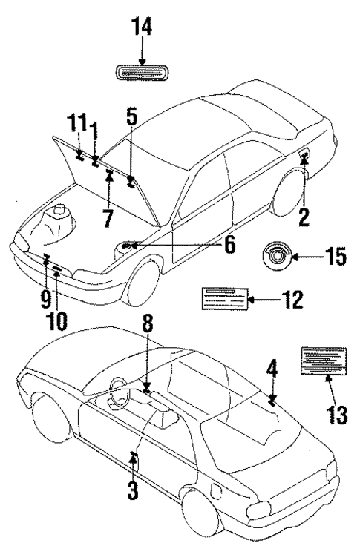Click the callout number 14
[140, 28]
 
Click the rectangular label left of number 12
[224, 299]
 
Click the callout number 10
[56, 321]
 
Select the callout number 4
[272, 367]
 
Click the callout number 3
[133, 490]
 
